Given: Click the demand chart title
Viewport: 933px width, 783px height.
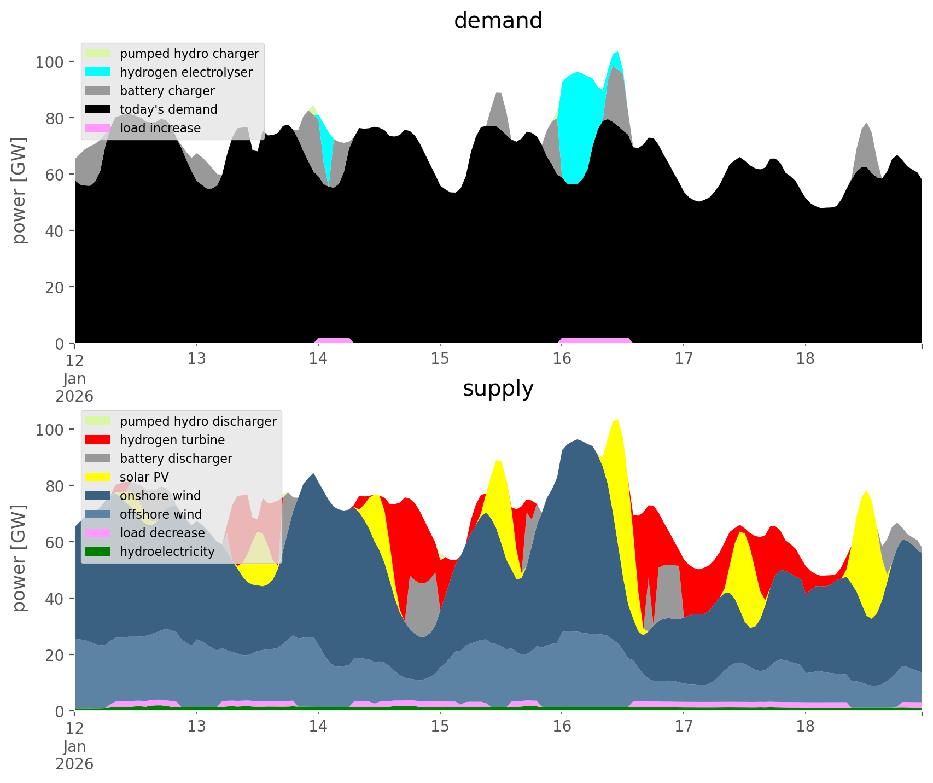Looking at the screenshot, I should (498, 21).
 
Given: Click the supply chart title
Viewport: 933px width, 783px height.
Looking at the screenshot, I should (498, 388).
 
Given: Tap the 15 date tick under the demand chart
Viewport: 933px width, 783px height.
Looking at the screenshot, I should (440, 359).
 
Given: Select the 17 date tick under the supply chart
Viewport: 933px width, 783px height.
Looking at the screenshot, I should (684, 727).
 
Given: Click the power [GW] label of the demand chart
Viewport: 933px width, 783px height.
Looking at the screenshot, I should (20, 190).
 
